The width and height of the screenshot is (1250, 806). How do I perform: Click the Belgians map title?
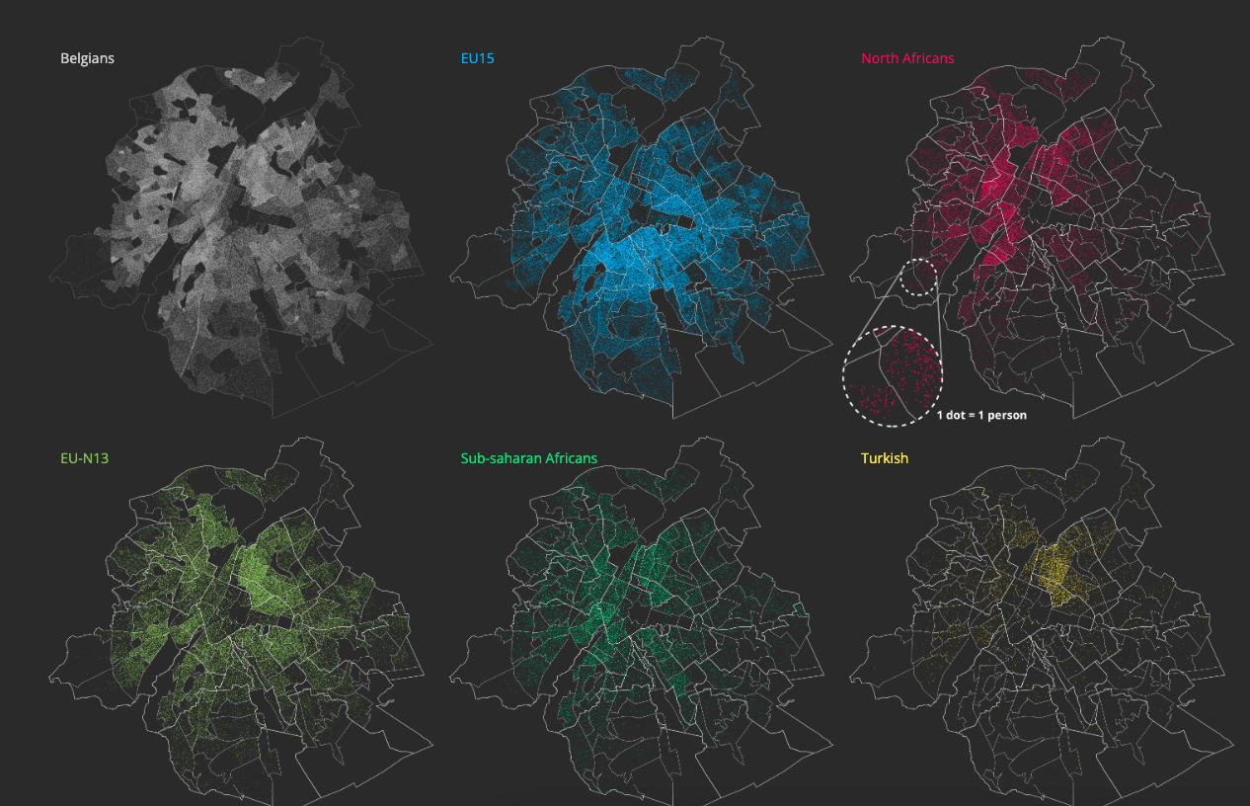click(87, 58)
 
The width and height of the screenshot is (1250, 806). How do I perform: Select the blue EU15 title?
click(477, 58)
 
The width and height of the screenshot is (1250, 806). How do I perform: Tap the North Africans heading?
click(907, 58)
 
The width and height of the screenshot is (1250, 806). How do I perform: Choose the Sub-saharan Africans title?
click(528, 458)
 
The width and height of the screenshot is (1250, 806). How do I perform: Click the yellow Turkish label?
click(884, 458)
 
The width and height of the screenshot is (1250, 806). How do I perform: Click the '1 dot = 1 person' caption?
click(981, 416)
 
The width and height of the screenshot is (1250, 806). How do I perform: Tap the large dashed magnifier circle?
click(892, 375)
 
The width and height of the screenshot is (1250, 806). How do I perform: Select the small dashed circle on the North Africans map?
click(918, 278)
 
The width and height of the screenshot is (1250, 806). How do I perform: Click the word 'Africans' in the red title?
click(931, 58)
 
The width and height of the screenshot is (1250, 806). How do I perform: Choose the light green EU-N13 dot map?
click(247, 622)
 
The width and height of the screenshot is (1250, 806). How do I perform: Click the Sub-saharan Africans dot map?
click(642, 622)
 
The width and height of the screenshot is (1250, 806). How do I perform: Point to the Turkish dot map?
click(1047, 622)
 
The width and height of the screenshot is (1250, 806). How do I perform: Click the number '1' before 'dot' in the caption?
click(940, 416)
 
